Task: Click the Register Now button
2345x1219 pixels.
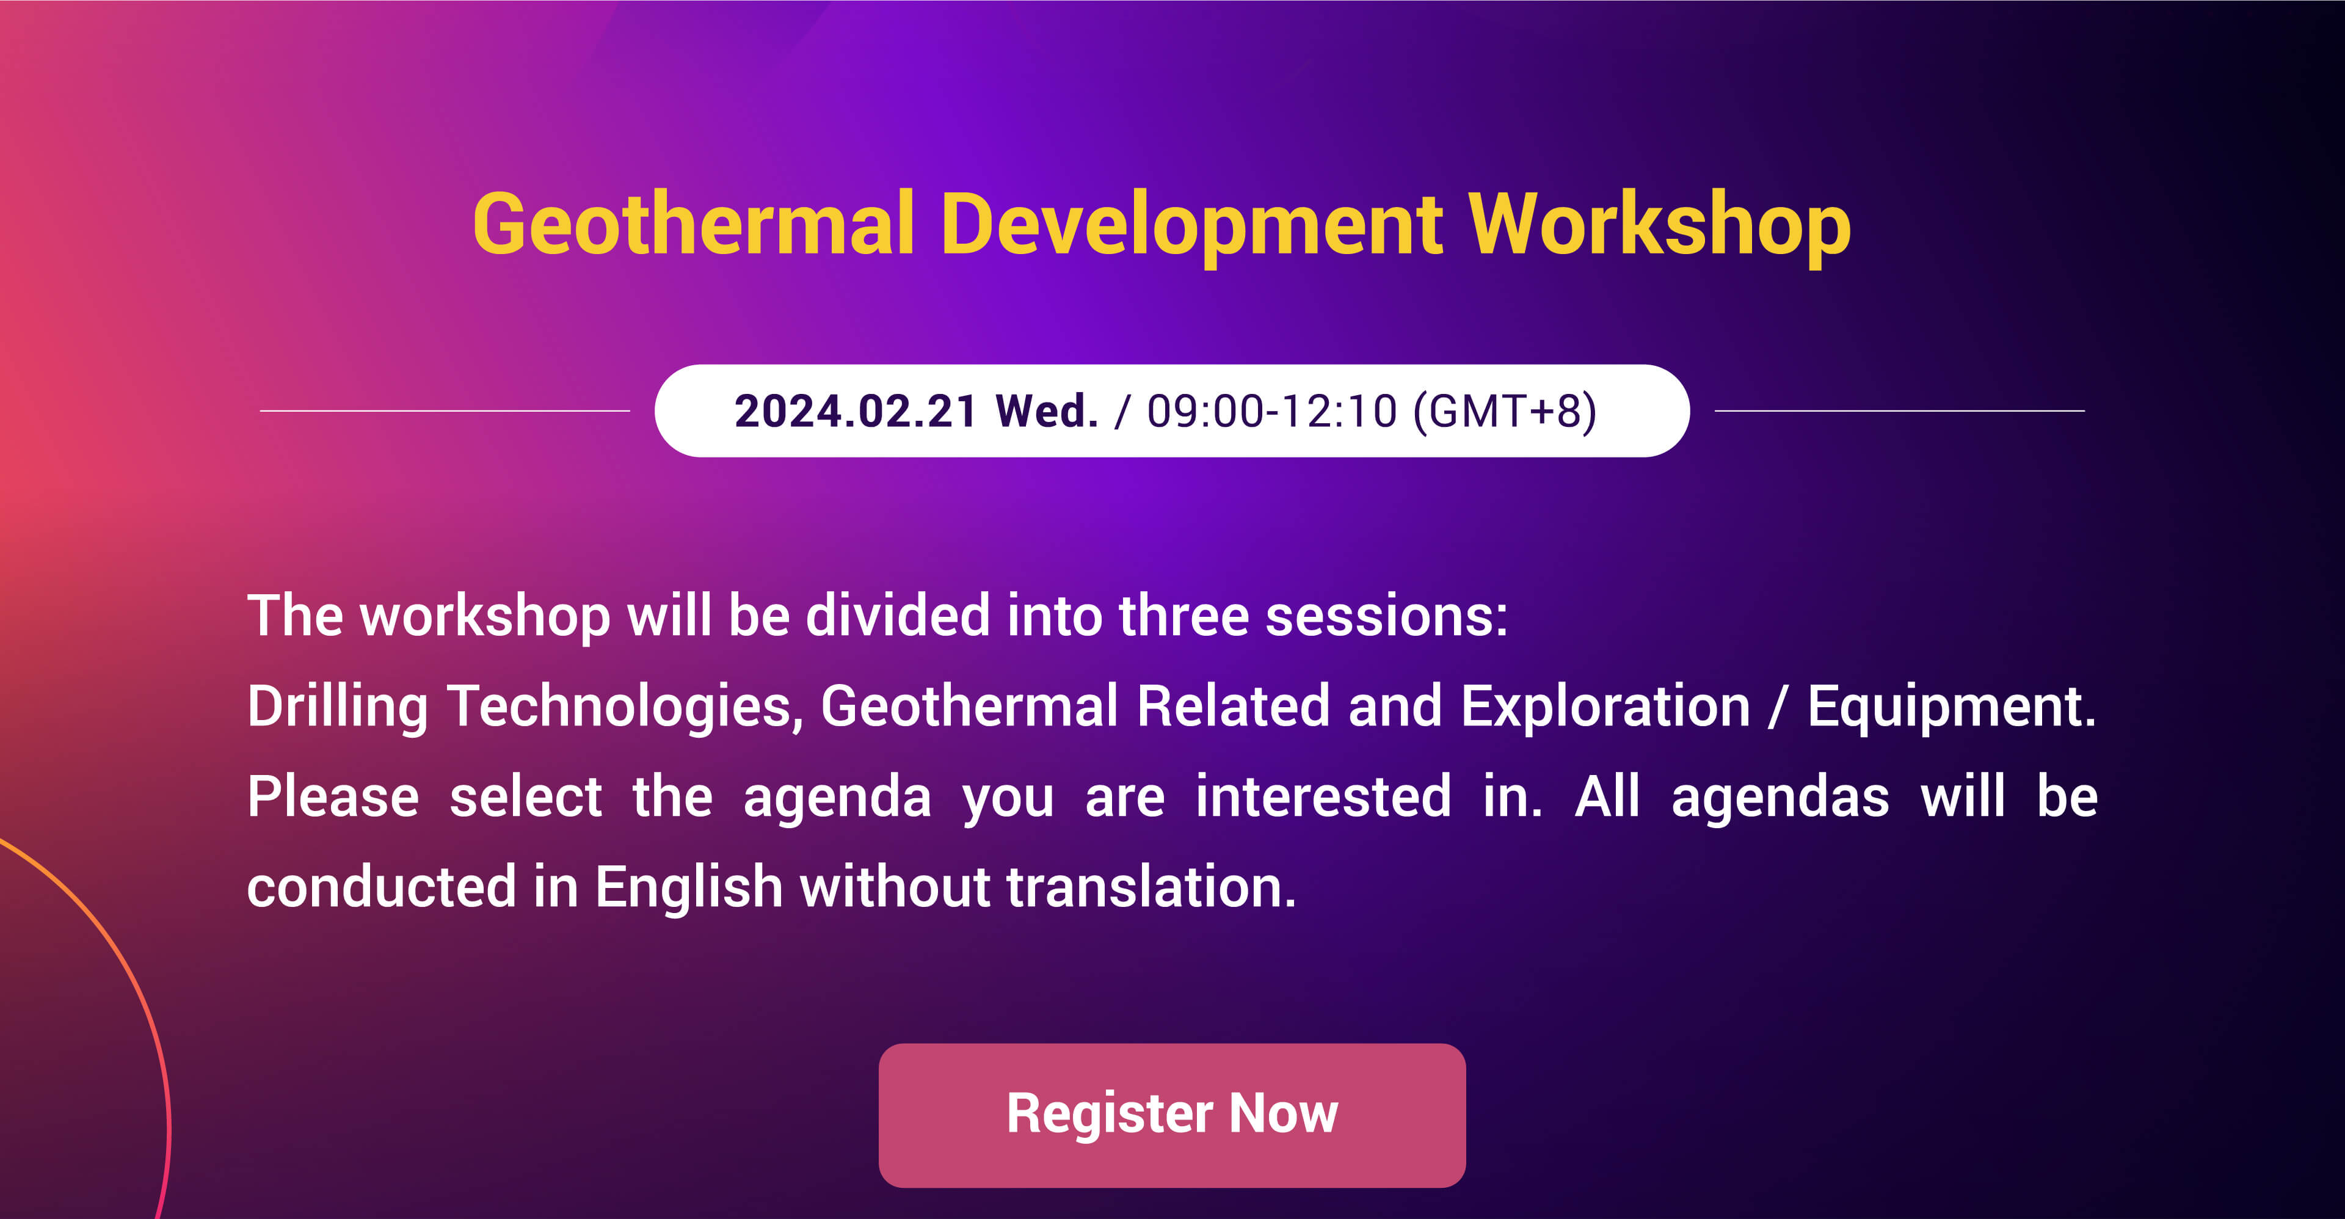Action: click(1172, 1115)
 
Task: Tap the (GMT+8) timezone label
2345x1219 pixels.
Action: click(1505, 412)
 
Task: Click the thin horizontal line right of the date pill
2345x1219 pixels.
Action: click(1900, 410)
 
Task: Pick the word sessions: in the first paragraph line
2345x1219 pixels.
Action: click(1386, 616)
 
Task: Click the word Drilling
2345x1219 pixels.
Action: click(338, 707)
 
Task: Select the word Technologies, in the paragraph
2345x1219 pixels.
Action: click(625, 707)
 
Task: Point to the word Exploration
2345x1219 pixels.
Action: click(1606, 707)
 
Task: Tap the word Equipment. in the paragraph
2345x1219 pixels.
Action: click(1952, 707)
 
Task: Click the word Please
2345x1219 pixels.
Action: click(333, 796)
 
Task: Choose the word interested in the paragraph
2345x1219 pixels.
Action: click(1323, 796)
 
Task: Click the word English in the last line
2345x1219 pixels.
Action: click(689, 887)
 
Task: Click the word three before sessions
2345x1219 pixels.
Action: click(1183, 616)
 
